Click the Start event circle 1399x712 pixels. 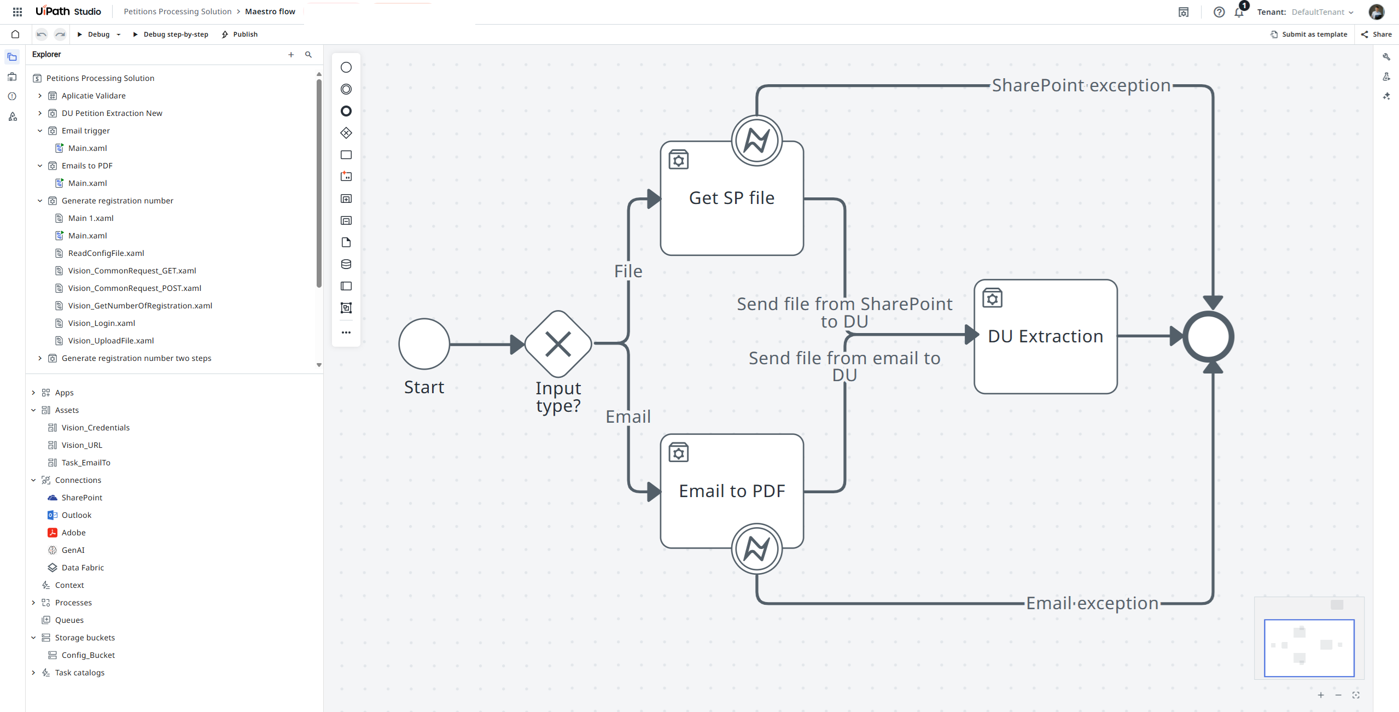[x=424, y=345]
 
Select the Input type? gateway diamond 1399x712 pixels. [x=558, y=345]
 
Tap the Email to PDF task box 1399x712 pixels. [x=731, y=481]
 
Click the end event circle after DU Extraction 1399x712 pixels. [x=1208, y=336]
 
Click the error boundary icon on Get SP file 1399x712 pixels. [x=756, y=141]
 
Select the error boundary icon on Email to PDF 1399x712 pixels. [x=756, y=548]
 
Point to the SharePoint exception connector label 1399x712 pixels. [x=1081, y=86]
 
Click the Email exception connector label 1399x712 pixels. [x=1092, y=603]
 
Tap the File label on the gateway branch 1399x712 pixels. [x=628, y=271]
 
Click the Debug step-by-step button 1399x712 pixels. [x=171, y=34]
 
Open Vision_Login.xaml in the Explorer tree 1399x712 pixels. [x=101, y=323]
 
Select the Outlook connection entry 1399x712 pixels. [x=77, y=515]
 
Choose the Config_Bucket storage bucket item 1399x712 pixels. [x=88, y=655]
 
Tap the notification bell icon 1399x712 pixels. [x=1239, y=13]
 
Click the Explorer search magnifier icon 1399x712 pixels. [x=308, y=55]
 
